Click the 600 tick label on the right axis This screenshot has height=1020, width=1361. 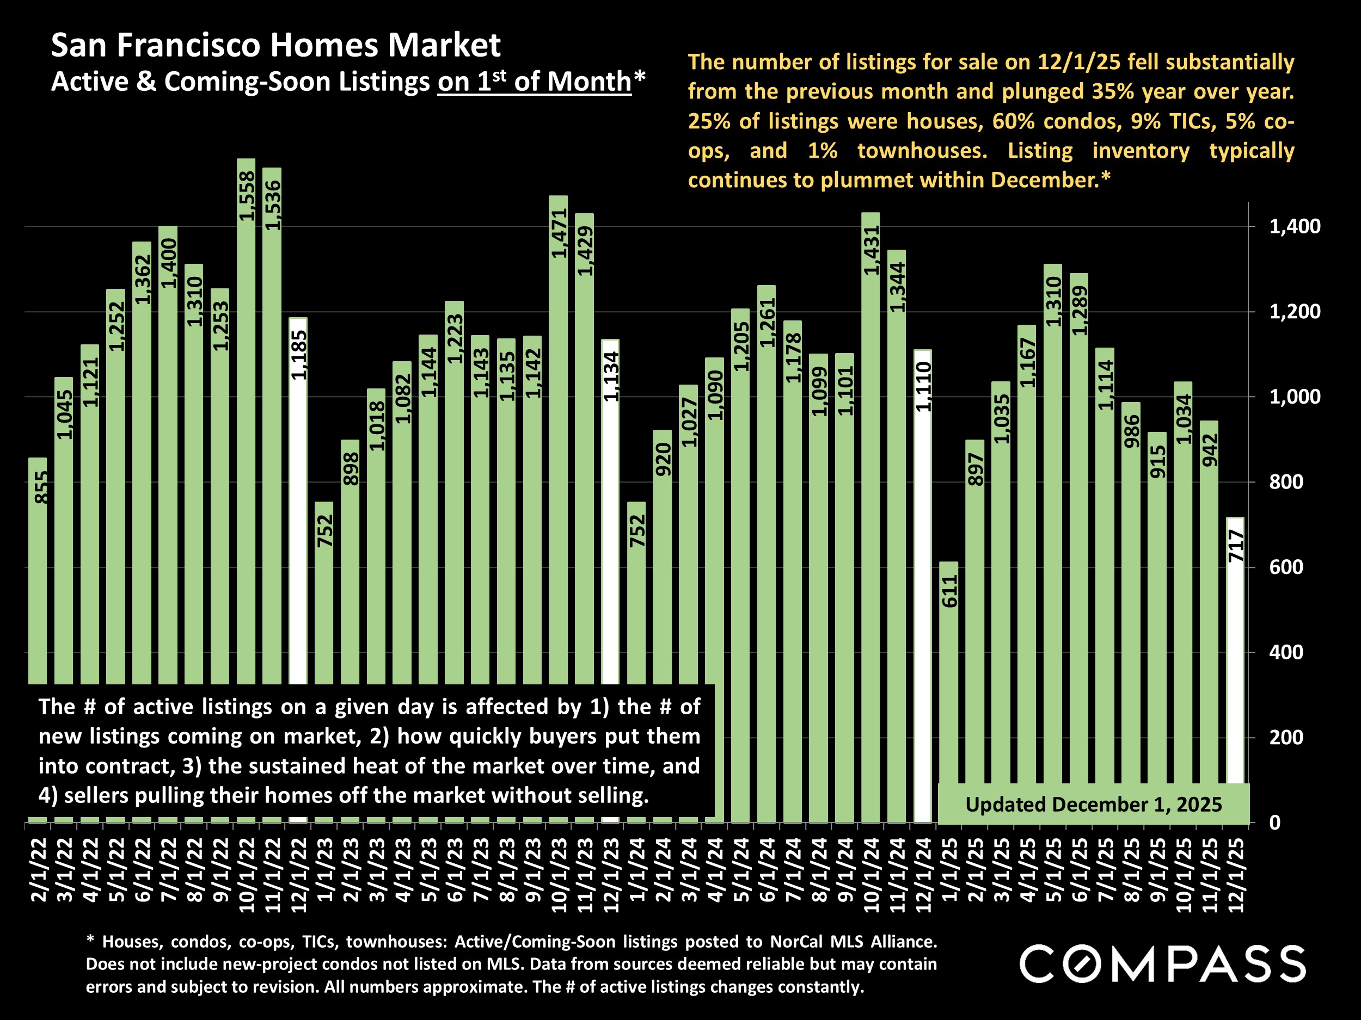(x=1286, y=567)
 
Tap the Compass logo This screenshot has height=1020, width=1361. (x=1162, y=964)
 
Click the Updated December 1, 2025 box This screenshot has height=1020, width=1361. (x=1093, y=804)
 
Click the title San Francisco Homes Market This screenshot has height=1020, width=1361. (x=275, y=45)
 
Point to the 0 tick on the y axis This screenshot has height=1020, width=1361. (x=1274, y=823)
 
